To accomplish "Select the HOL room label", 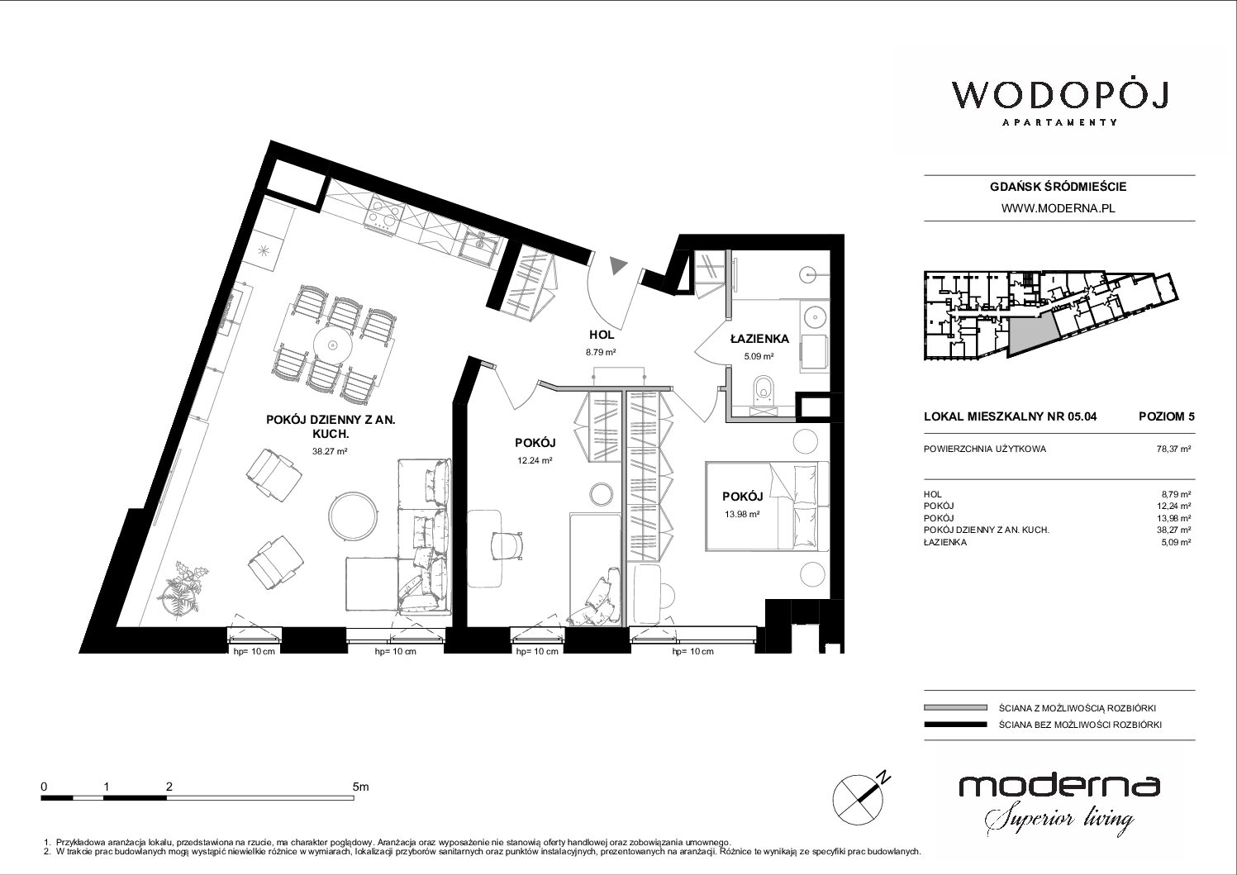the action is pos(602,335).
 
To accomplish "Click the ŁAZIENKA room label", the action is pos(759,339).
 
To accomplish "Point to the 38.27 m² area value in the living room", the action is pos(330,451).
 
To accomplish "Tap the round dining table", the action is pos(332,345).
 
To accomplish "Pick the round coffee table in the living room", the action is pos(352,515).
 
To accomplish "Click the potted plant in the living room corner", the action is pos(180,588).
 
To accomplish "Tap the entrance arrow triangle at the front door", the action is pos(618,267).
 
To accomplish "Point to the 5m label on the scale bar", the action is pos(360,787).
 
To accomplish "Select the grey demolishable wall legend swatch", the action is pos(955,708).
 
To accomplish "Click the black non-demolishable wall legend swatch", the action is pos(955,725).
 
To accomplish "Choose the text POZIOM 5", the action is pos(1166,416).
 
